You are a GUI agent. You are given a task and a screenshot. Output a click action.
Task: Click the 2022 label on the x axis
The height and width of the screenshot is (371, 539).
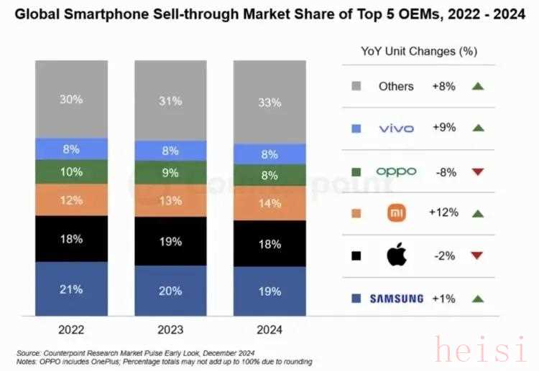[71, 330]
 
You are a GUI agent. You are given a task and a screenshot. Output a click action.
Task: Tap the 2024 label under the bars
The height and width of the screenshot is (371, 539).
[269, 330]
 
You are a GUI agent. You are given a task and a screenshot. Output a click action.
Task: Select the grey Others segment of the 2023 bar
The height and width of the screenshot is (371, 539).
[170, 100]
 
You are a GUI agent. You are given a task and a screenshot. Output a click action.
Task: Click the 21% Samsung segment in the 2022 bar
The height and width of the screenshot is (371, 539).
[71, 289]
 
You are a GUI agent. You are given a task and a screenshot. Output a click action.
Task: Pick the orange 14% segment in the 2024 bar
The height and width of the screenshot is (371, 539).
[269, 202]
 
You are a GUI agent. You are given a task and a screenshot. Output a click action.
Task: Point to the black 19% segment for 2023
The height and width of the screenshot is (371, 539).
[170, 242]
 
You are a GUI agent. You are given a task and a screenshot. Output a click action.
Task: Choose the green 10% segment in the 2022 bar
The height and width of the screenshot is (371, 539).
[71, 172]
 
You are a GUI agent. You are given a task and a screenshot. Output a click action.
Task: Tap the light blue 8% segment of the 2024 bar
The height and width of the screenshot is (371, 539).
[269, 154]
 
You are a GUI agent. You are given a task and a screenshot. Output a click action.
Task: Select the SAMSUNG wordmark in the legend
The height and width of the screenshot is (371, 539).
[397, 299]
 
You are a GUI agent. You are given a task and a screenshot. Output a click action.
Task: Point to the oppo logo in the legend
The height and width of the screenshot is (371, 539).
[397, 171]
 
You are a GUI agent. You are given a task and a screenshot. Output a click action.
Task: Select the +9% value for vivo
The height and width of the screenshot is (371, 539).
[443, 128]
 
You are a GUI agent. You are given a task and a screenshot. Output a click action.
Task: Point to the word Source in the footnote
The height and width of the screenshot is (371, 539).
[29, 352]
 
